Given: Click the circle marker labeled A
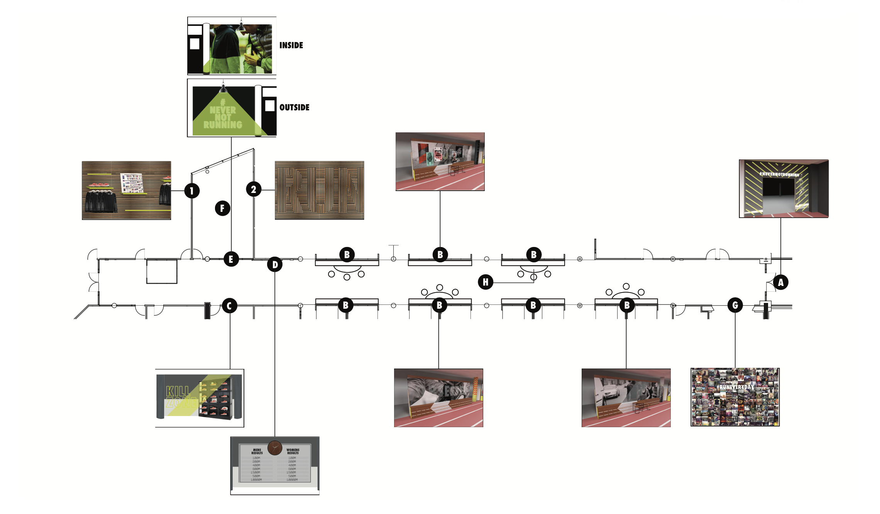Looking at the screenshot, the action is (x=780, y=282).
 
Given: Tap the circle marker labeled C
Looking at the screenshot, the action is (x=229, y=306).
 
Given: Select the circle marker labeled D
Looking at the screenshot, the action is (x=275, y=265).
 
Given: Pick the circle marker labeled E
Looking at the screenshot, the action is (x=231, y=259).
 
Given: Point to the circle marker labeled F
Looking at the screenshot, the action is (x=222, y=208).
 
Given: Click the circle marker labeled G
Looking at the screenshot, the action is (x=735, y=305).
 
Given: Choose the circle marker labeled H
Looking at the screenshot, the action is (x=486, y=282).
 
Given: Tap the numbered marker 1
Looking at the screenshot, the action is (x=192, y=191).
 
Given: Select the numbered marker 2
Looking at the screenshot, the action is (x=254, y=189).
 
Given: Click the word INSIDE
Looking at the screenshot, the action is (x=291, y=46).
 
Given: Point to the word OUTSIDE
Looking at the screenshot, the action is (x=294, y=108).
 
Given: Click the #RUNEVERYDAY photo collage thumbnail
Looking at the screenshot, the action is (x=735, y=397).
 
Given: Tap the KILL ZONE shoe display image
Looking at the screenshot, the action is (x=200, y=398).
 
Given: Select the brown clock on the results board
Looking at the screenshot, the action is (x=275, y=448).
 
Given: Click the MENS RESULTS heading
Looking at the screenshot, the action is (x=257, y=451).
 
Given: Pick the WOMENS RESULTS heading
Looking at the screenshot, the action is (x=293, y=451).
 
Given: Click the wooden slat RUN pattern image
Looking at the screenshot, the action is (x=319, y=191).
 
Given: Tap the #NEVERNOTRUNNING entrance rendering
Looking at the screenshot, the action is (x=784, y=189).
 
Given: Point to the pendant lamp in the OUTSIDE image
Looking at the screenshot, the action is (x=223, y=89).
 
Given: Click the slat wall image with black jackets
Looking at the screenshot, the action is (x=126, y=191).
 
